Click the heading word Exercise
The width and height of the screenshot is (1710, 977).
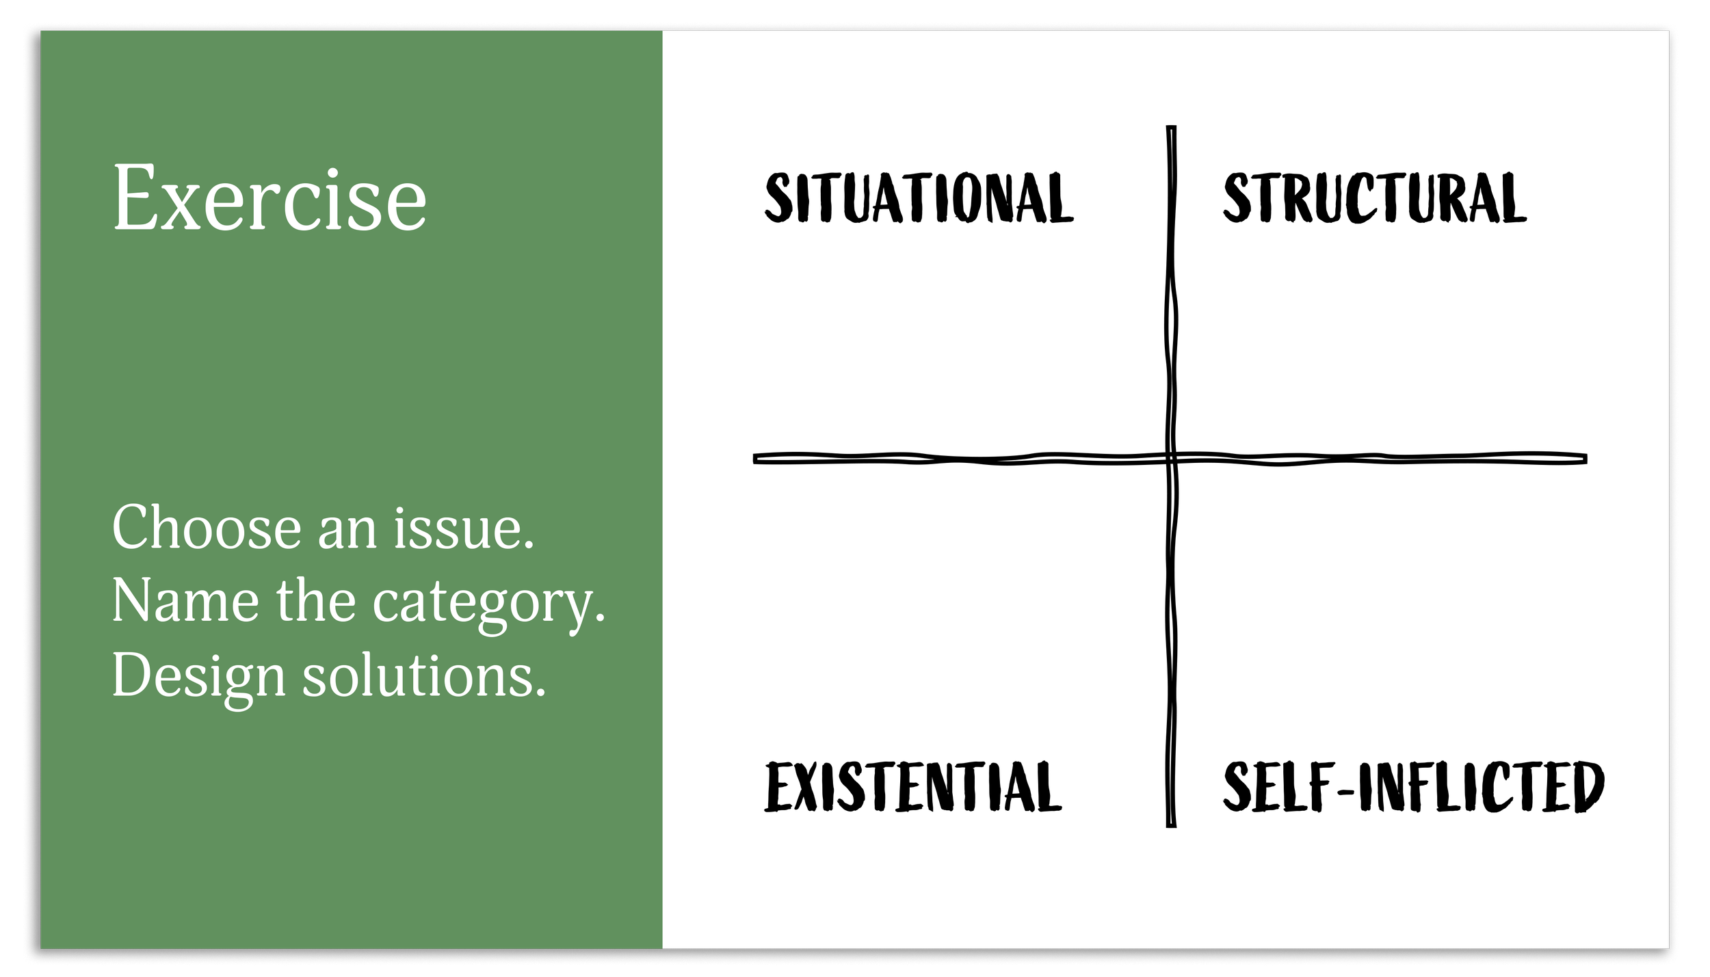(269, 198)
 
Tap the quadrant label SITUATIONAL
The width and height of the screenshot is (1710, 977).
(918, 198)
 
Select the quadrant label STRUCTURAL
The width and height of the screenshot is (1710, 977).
(1374, 198)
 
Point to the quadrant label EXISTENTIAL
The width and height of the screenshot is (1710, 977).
(912, 787)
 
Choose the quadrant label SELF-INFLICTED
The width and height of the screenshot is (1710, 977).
(1413, 787)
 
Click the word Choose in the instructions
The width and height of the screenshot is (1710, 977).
(206, 528)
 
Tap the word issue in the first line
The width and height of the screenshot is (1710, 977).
(463, 528)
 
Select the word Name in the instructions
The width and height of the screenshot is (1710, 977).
(185, 602)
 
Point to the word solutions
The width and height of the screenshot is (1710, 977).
(424, 675)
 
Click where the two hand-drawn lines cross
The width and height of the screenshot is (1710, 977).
(1171, 458)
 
